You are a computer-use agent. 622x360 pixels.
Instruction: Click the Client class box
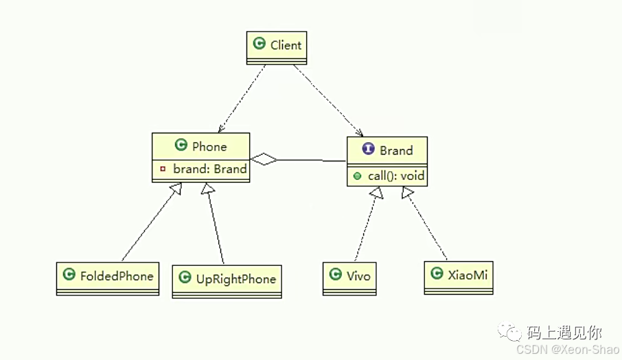[276, 47]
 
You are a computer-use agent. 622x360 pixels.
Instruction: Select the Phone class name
[209, 146]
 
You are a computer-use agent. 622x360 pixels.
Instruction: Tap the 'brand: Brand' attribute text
[209, 169]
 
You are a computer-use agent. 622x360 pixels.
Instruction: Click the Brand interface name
[396, 150]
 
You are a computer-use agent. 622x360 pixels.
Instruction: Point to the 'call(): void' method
[396, 176]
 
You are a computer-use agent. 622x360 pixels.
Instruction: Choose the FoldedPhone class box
[107, 278]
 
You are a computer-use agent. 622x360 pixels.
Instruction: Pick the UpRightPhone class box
[227, 281]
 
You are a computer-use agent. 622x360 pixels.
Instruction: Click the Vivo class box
[349, 278]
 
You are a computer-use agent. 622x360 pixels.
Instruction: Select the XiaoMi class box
[458, 277]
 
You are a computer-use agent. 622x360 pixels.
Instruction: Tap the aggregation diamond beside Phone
[264, 159]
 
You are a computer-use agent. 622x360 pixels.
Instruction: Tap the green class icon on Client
[259, 45]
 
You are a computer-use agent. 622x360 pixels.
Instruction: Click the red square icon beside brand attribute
[163, 169]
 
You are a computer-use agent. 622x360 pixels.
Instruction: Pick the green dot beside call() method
[358, 176]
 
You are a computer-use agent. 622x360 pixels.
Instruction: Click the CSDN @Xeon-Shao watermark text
[568, 350]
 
